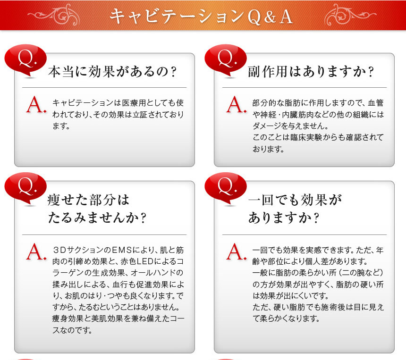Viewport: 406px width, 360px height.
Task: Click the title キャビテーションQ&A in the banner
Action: point(201,17)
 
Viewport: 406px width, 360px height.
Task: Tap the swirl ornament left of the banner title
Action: point(54,15)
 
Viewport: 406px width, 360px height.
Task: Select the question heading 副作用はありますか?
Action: point(311,71)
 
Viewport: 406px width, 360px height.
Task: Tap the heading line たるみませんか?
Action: point(97,218)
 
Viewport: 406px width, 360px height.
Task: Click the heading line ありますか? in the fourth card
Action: point(284,218)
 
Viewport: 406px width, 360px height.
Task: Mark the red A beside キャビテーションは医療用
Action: point(36,105)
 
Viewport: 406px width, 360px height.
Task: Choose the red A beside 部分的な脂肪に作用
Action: point(236,105)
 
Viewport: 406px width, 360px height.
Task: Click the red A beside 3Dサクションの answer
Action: point(36,251)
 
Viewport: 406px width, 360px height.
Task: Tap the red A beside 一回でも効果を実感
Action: point(236,251)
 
